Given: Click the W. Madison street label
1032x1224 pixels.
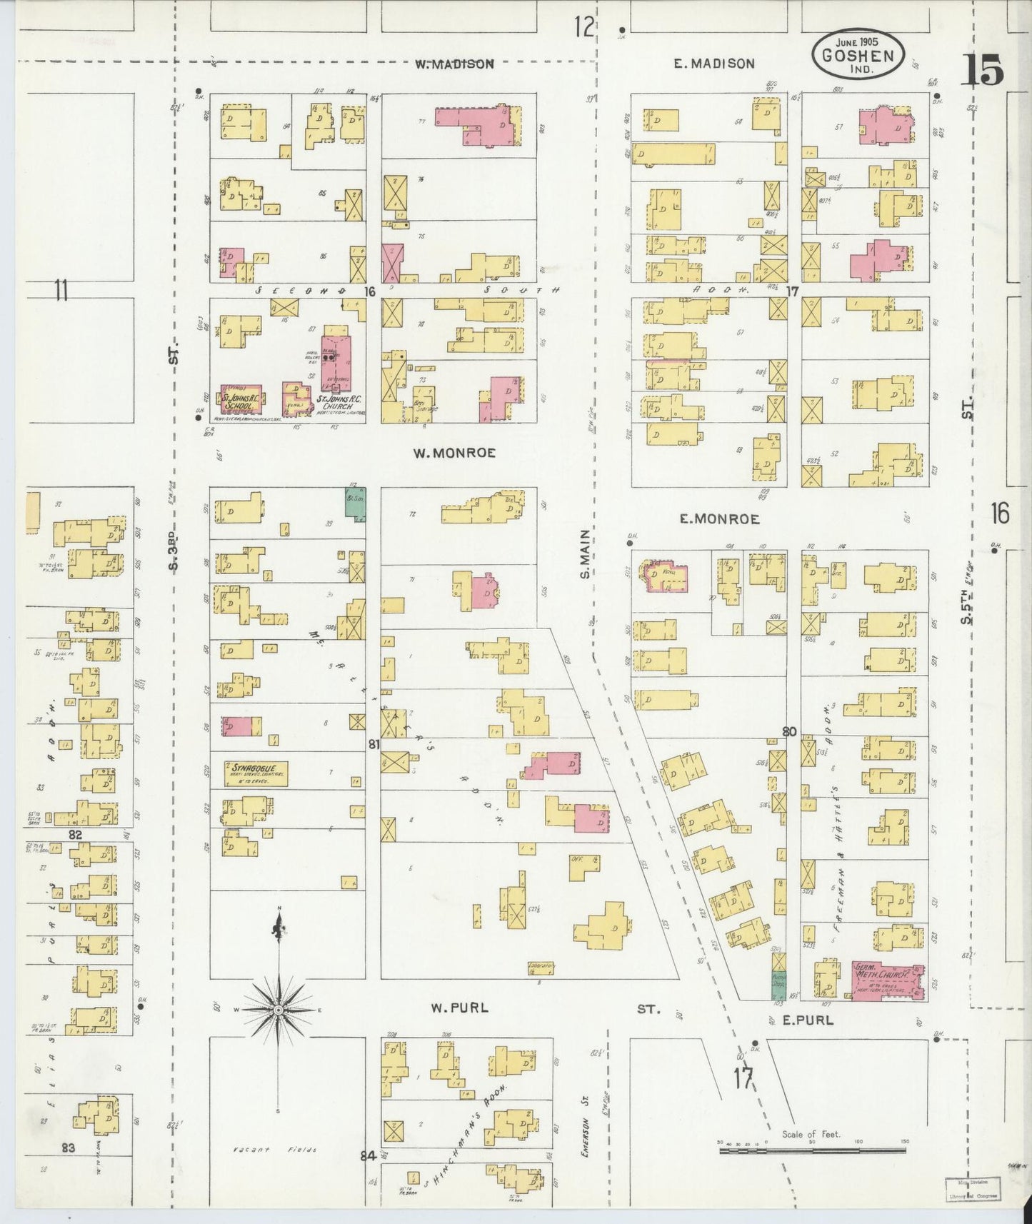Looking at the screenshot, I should [454, 64].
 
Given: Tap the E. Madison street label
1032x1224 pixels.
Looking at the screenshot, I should [713, 64].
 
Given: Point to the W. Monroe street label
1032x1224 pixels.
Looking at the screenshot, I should [454, 453].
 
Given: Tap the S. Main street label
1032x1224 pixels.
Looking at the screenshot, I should [584, 553].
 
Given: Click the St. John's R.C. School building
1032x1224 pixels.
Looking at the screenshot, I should [240, 399].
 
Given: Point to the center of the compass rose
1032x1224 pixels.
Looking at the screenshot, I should [277, 1010].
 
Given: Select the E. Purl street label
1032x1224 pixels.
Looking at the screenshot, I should [807, 1020].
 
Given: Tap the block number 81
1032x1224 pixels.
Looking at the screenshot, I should [374, 744].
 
